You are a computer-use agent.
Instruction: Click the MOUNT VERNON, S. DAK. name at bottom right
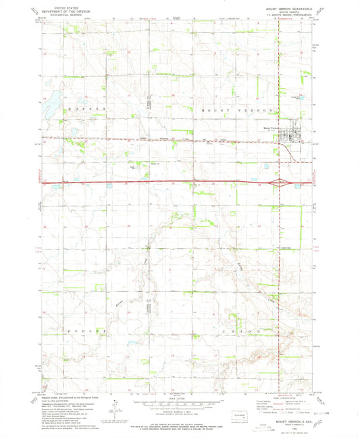tap(288, 418)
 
